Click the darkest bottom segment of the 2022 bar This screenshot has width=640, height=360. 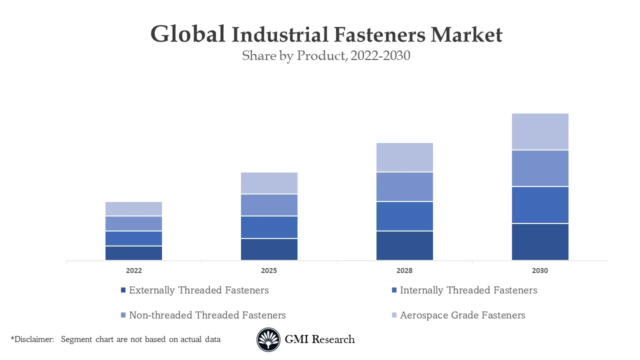tap(133, 253)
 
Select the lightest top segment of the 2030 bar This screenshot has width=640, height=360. tap(540, 131)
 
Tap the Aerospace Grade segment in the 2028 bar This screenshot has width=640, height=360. tap(404, 157)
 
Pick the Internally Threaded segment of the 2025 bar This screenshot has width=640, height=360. tap(269, 227)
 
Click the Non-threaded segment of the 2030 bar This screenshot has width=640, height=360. tap(540, 168)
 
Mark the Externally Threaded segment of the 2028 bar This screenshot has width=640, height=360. tap(404, 245)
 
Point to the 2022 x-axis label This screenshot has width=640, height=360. tap(133, 270)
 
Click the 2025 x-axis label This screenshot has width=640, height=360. tap(269, 270)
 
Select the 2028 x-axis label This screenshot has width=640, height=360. tap(404, 270)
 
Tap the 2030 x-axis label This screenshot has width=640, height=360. tap(540, 270)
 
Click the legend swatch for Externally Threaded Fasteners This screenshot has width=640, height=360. tap(123, 290)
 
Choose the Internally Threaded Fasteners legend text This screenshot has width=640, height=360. tap(468, 290)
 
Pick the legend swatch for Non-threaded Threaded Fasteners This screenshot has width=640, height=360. tap(123, 315)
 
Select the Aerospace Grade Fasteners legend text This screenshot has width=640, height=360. tap(462, 315)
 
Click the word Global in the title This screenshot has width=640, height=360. tap(188, 34)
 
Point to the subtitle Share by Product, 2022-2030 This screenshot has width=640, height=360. tap(326, 55)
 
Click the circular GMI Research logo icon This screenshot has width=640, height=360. tap(268, 339)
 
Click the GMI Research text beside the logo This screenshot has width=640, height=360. tap(319, 339)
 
